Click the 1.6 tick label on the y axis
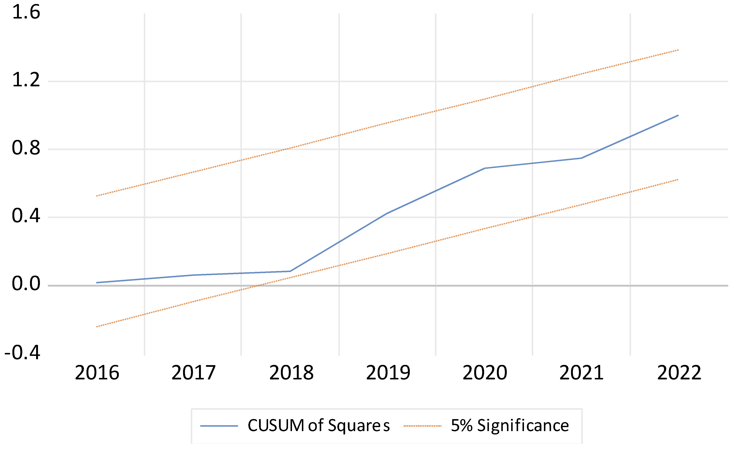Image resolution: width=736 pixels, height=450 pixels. coord(26,13)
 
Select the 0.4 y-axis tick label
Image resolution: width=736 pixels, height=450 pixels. coord(26,216)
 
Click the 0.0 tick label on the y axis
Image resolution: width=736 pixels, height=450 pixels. coord(26,284)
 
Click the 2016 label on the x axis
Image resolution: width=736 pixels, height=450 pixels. coord(97,373)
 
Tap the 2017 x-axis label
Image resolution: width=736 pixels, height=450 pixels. coord(194,373)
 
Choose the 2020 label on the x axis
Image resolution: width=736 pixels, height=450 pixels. coord(485,373)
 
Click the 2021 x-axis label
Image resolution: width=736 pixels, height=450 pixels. coord(581,373)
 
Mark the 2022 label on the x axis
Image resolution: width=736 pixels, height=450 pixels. coord(679,373)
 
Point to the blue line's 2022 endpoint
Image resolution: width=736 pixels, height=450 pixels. coord(678,115)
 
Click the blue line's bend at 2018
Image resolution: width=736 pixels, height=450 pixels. coord(290,271)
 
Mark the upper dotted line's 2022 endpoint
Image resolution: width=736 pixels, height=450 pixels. coord(678,50)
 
